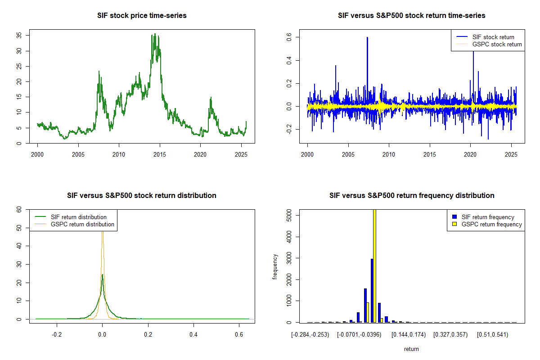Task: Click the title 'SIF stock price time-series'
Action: (x=142, y=16)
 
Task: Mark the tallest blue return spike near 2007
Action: (x=367, y=40)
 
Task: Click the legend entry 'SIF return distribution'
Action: (x=79, y=217)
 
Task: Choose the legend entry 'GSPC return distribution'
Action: (x=82, y=224)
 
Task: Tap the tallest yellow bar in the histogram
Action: (x=375, y=265)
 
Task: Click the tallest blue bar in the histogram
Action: (x=372, y=290)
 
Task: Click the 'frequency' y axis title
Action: (x=275, y=266)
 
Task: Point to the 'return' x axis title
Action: (x=411, y=349)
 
